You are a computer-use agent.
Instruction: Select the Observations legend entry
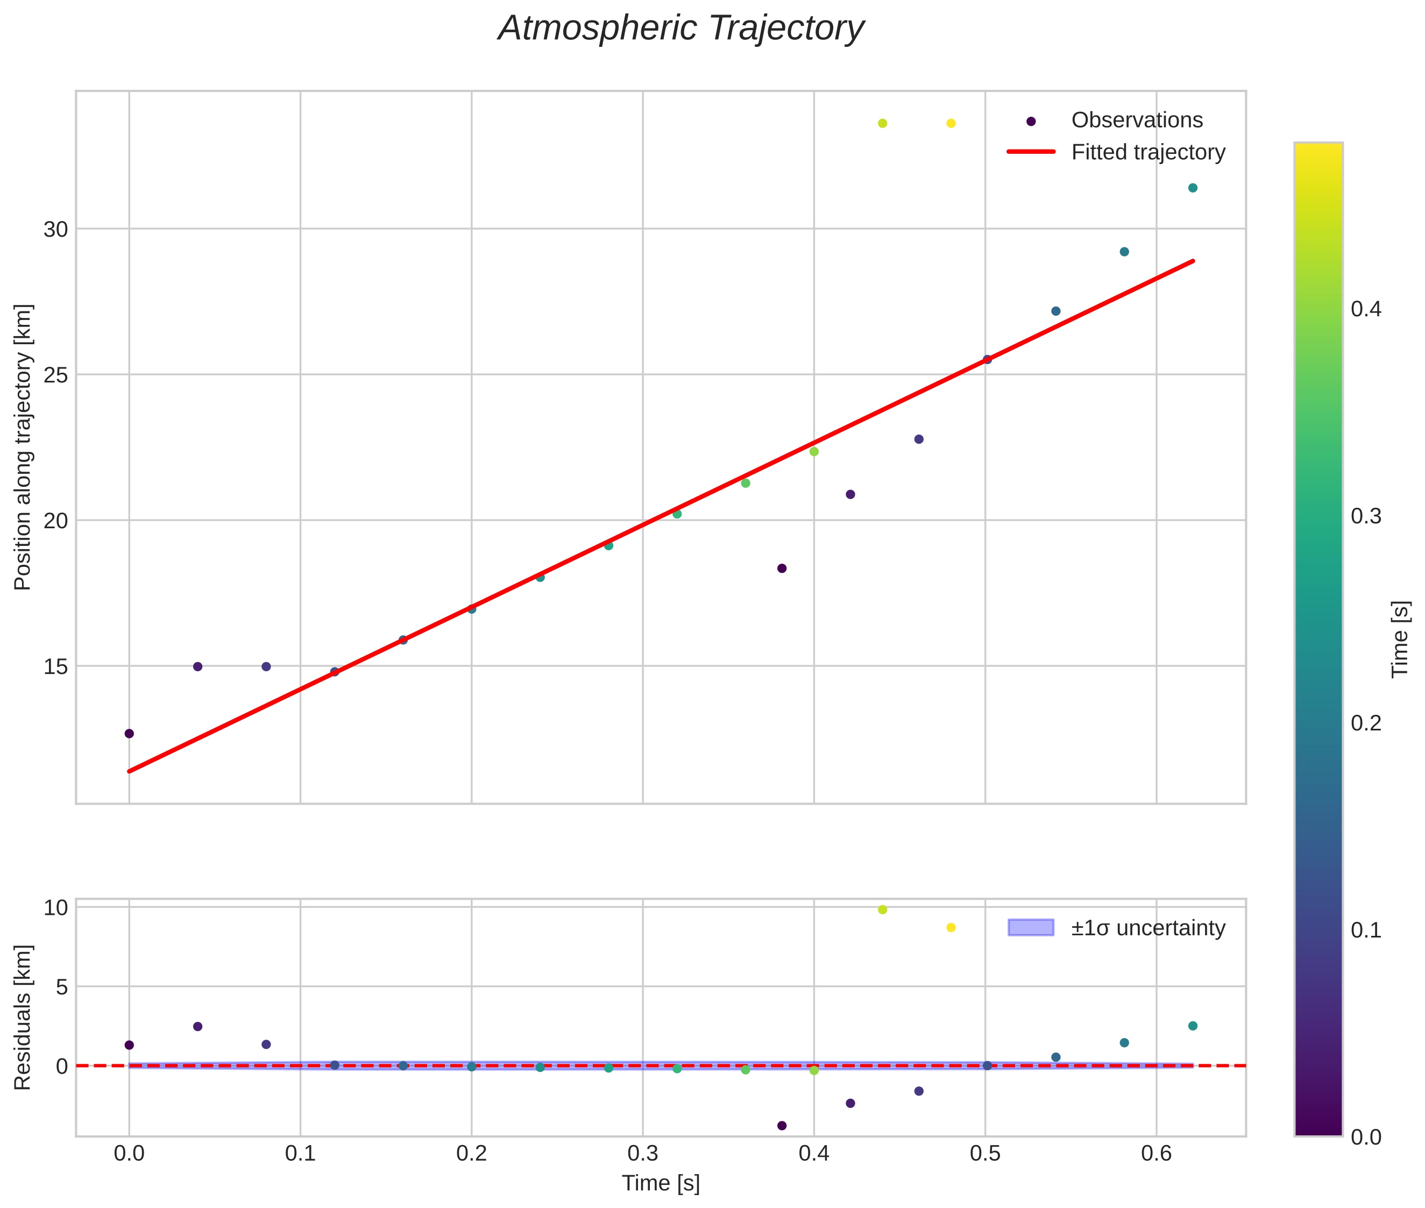1136,120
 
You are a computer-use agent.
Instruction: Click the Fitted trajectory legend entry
1147,152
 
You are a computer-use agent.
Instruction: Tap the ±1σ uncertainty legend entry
1147,928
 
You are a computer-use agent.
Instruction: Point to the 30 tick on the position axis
55,230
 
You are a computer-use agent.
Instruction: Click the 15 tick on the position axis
55,666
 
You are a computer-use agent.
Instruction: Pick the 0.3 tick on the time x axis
642,1153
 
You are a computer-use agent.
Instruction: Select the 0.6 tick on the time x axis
1156,1153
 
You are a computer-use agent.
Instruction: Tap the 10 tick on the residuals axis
55,908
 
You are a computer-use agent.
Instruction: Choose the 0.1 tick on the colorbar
1366,930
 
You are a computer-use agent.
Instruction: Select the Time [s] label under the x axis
660,1183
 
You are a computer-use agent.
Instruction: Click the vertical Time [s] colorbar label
1401,638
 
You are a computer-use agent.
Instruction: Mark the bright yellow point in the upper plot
951,123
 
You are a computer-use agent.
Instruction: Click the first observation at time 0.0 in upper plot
129,734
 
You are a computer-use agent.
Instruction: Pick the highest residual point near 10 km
882,909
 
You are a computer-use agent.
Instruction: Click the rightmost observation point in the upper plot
1192,188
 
